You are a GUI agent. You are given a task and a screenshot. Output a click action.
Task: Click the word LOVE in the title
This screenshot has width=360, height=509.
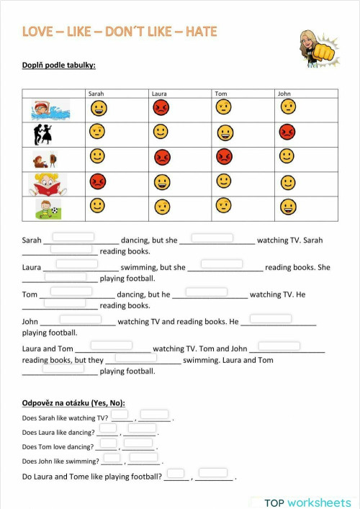point(37,32)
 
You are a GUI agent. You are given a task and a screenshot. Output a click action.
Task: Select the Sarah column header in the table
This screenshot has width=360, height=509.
point(96,94)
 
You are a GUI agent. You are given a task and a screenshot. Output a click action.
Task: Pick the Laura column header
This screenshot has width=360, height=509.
point(159,94)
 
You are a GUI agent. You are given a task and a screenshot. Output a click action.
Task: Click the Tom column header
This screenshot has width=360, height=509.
point(221,94)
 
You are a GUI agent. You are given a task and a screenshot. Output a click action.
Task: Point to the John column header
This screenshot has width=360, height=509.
point(284,94)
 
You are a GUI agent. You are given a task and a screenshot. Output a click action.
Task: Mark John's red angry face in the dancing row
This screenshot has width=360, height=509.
point(287,132)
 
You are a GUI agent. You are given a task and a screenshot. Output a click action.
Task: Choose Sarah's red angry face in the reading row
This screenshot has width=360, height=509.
point(98,181)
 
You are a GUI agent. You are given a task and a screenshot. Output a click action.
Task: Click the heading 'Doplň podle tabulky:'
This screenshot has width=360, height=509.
point(59,66)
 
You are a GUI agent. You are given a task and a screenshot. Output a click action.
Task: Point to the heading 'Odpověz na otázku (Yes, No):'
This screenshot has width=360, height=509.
point(73,402)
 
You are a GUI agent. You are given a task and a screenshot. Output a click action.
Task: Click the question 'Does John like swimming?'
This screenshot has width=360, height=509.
point(61,461)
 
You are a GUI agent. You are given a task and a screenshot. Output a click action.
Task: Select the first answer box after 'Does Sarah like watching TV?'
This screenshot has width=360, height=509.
point(120,415)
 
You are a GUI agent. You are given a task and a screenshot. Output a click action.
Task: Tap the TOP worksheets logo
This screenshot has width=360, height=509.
point(307,503)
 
